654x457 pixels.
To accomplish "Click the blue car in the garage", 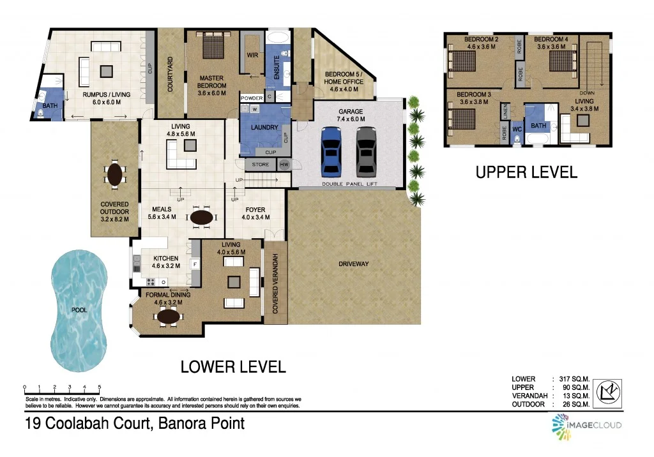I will coord(331,151).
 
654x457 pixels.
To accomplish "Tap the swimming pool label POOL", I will coord(79,310).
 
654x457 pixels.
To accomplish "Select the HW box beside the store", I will coord(284,165).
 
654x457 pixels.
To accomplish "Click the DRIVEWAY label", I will coord(354,264).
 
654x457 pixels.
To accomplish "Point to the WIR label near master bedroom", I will coord(252,55).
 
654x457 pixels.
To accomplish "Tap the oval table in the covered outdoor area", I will coord(115,174).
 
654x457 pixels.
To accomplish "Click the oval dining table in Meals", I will coord(202,218).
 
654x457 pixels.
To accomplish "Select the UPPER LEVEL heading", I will coord(526,172).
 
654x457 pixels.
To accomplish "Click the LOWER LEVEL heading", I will coord(232,367).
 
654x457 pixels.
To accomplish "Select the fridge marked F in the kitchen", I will coord(194,263).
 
